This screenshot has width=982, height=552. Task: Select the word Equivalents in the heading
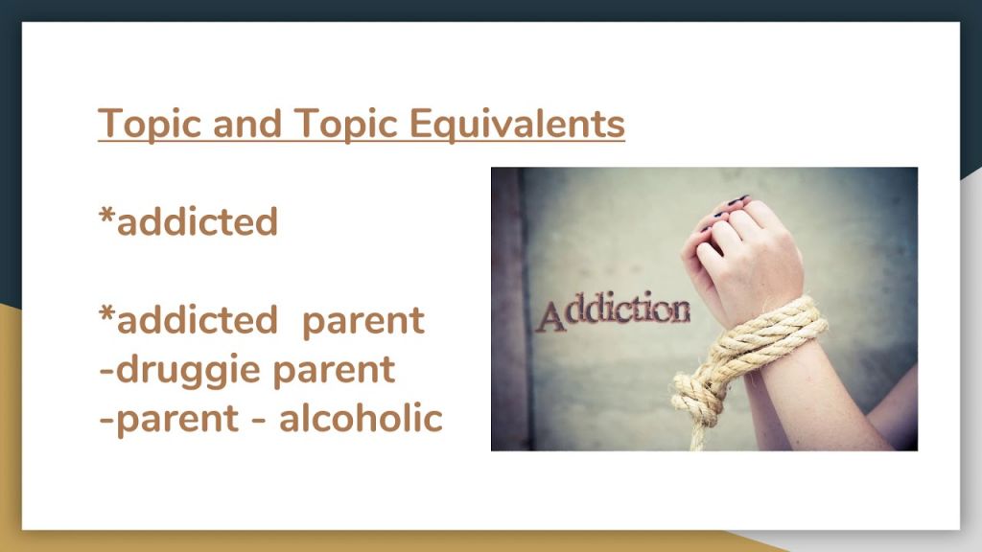pos(517,123)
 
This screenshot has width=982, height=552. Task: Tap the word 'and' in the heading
pos(247,123)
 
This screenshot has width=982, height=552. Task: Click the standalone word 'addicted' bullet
pos(198,221)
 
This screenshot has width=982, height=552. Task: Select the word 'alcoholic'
pos(361,418)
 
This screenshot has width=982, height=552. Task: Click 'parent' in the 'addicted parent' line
pos(363,322)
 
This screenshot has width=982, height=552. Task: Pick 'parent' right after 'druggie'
pos(334,372)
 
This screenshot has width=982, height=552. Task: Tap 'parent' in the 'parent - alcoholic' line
pos(177,421)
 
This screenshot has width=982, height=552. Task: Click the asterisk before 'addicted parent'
pos(106,312)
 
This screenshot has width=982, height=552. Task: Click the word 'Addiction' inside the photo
pos(614,310)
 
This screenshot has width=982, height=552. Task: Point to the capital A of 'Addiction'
pos(549,316)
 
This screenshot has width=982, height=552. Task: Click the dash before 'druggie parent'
pos(106,371)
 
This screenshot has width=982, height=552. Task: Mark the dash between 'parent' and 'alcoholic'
pos(258,420)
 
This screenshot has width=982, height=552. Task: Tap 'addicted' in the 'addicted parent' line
pos(198,319)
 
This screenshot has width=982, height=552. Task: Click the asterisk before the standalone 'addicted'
pos(106,214)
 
